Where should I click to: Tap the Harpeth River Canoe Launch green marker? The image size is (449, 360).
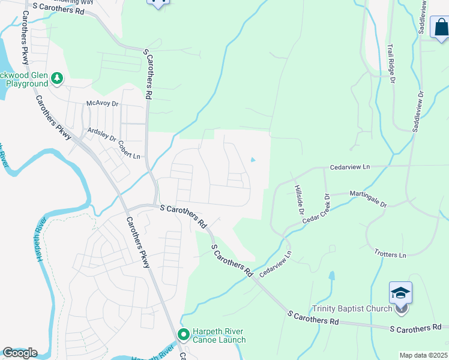184,334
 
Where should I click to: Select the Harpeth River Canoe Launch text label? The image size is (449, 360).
218,335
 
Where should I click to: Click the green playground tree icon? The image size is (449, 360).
57,78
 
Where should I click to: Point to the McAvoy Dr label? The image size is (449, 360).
103,103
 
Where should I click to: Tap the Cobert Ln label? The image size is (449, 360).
128,150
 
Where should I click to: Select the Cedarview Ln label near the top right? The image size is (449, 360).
351,169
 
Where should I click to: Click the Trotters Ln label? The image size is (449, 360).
390,254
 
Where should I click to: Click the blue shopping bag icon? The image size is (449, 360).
440,27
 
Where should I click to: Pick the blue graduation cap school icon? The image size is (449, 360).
400,292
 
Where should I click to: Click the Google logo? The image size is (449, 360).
19,353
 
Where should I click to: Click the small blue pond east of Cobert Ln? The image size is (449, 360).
253,160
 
